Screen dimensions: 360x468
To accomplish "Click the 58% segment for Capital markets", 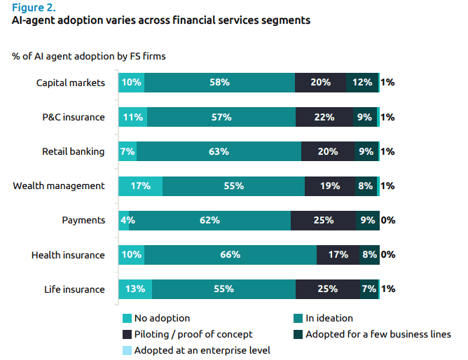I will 219,83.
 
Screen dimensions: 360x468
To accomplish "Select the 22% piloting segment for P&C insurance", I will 324,117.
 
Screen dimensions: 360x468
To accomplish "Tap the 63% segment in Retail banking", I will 219,151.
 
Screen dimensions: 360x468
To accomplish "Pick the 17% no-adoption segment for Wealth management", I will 140,186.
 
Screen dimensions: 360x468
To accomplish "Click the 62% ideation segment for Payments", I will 209,220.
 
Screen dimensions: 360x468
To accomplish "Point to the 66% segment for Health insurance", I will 230,255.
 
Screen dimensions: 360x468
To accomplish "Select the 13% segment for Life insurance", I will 135,289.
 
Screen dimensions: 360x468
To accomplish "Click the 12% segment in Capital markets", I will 362,83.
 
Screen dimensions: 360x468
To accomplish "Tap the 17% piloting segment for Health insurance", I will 338,255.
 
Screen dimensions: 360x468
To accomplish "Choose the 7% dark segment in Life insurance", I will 369,289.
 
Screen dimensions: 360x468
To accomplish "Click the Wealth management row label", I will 59,186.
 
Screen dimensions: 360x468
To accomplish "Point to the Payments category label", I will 83,220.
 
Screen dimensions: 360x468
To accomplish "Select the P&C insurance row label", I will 74,117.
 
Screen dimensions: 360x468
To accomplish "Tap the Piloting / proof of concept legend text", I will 193,334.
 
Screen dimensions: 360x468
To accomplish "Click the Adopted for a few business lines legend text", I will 378,334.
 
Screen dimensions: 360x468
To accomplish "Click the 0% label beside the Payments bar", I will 388,220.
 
